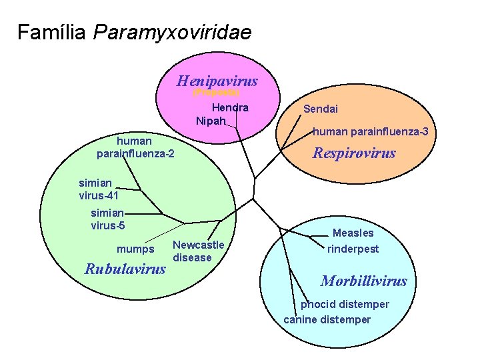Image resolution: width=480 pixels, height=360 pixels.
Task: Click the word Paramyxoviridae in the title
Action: click(x=173, y=32)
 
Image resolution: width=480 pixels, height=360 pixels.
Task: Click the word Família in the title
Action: click(x=52, y=32)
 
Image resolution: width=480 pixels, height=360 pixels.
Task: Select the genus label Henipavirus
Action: click(x=217, y=81)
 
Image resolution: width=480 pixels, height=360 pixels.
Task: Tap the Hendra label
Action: click(x=230, y=107)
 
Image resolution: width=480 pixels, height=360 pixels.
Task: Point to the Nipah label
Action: click(x=211, y=121)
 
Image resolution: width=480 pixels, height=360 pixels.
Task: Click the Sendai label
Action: click(x=321, y=109)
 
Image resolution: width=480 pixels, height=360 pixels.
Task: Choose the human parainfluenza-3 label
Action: click(x=370, y=132)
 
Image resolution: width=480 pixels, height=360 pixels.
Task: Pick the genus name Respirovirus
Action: click(x=354, y=153)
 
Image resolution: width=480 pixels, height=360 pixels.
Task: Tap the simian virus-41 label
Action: click(x=99, y=189)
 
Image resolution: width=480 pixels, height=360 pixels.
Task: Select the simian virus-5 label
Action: click(x=107, y=219)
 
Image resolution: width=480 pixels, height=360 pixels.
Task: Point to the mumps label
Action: click(x=135, y=249)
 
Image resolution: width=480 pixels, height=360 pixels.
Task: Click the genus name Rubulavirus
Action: click(x=125, y=269)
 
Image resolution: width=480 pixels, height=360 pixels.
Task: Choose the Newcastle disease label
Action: click(x=198, y=251)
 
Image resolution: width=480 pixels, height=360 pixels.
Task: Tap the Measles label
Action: click(x=353, y=233)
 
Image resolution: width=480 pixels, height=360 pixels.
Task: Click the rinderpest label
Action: click(x=353, y=249)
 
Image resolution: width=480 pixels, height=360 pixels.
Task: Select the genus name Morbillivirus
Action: click(x=363, y=281)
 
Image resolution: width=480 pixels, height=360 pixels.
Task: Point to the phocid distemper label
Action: click(x=345, y=304)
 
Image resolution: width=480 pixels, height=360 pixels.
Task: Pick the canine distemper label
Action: click(x=327, y=319)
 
